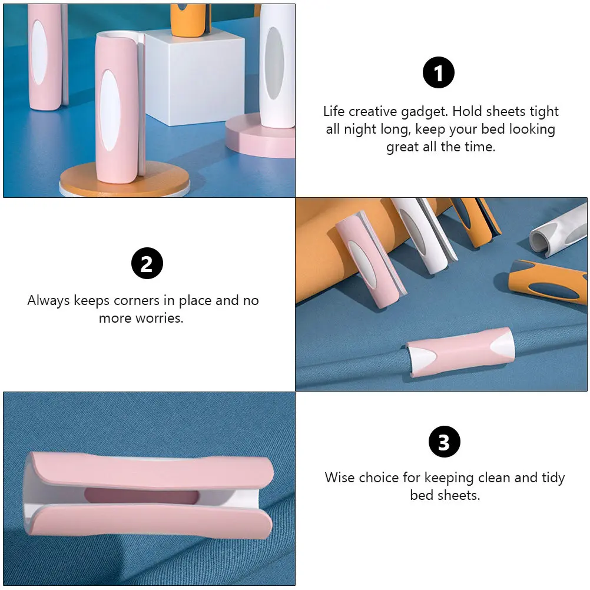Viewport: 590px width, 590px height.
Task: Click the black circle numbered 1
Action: coord(438,72)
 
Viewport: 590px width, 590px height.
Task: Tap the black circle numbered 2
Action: coord(147,263)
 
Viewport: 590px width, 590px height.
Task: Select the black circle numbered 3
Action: coord(445,442)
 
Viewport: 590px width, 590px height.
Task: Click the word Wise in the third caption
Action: coord(339,478)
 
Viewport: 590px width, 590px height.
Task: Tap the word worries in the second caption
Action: coord(160,319)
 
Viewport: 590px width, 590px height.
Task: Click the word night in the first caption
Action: coord(360,130)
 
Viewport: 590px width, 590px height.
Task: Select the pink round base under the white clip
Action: coord(260,136)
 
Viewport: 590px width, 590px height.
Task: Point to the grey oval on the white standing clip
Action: coord(274,63)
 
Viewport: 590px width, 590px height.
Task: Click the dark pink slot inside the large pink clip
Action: coord(141,496)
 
